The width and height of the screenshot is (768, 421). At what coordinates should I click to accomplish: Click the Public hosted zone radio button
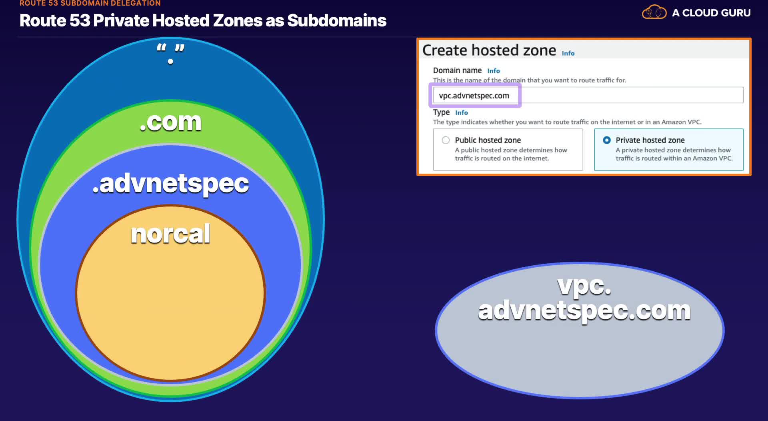[x=446, y=140]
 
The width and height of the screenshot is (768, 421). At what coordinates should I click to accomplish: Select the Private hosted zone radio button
[x=607, y=140]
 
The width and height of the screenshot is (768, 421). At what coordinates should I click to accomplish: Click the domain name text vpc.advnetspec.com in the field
[x=474, y=96]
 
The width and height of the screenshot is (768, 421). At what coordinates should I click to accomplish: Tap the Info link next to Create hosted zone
[x=568, y=53]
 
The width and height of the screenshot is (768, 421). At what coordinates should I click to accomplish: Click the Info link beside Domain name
[x=494, y=71]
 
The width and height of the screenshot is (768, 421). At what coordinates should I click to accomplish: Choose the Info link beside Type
[x=462, y=113]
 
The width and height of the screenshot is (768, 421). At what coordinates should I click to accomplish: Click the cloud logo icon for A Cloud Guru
[x=654, y=12]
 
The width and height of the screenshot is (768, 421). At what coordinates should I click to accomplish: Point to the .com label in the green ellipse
[x=170, y=122]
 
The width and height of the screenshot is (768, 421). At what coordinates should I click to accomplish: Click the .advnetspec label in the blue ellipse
[x=170, y=184]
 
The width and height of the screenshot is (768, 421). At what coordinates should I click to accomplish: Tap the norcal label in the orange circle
[x=170, y=234]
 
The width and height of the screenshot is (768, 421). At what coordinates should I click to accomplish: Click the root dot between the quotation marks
[x=170, y=61]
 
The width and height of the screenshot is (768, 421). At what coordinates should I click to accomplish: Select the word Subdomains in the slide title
[x=337, y=20]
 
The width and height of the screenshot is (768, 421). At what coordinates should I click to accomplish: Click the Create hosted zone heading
[x=489, y=50]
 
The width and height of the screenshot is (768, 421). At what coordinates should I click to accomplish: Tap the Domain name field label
[x=457, y=70]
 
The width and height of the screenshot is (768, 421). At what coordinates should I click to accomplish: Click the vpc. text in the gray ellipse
[x=584, y=286]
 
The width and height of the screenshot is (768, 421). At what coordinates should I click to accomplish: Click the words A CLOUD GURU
[x=711, y=13]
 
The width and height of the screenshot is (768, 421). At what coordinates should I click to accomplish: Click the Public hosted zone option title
[x=488, y=140]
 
